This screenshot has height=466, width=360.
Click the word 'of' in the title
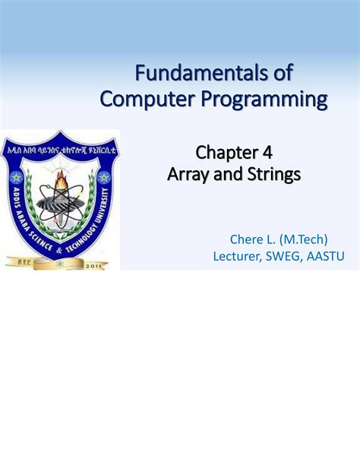(x=282, y=74)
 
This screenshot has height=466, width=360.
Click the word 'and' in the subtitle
(x=229, y=176)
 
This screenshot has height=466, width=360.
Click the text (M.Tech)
(x=302, y=240)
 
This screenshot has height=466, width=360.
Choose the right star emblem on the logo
(x=103, y=177)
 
